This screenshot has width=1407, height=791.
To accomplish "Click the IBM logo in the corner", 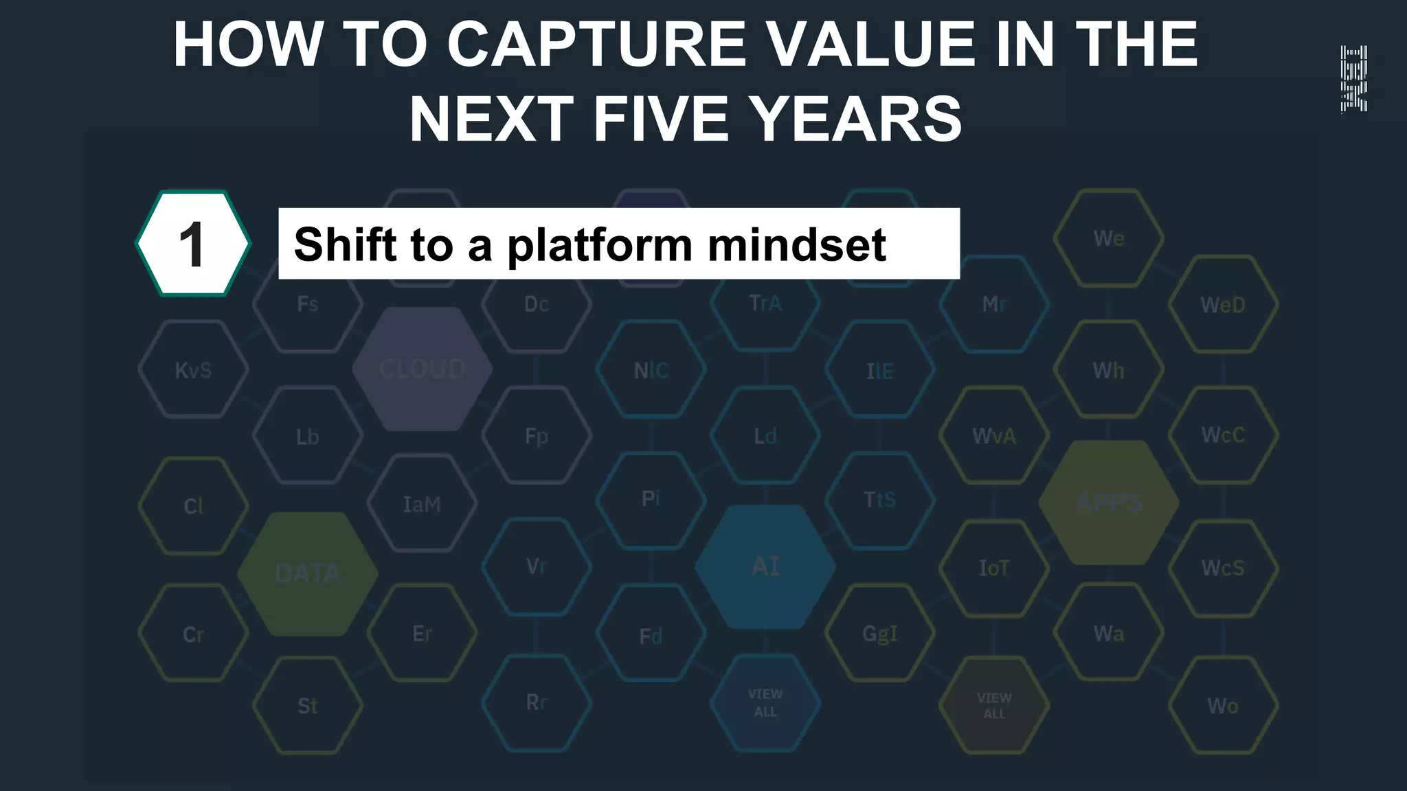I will click(1353, 79).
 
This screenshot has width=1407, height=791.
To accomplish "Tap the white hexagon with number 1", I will click(193, 244).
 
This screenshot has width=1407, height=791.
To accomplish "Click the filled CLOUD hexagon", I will click(422, 369).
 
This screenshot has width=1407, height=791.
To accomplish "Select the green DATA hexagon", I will click(308, 573).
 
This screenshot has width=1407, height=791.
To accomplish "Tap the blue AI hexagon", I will click(765, 567).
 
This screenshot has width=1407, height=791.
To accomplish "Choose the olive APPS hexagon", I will click(1109, 503).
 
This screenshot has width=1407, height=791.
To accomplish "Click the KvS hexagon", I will click(193, 370).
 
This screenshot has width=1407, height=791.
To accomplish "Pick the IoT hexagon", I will click(994, 569).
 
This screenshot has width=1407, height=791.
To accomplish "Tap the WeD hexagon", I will click(1223, 304).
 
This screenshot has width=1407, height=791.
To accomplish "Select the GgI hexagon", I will click(880, 633).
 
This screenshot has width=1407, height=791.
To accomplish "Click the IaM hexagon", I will click(422, 504).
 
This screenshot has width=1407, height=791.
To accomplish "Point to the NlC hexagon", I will click(651, 370).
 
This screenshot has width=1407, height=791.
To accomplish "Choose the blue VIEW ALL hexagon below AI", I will click(765, 703).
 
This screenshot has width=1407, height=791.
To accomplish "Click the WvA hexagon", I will click(994, 435).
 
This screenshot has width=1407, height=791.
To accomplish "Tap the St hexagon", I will click(308, 706).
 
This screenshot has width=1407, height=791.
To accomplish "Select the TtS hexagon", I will click(880, 499).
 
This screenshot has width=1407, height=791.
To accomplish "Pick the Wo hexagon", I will click(1223, 705).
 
